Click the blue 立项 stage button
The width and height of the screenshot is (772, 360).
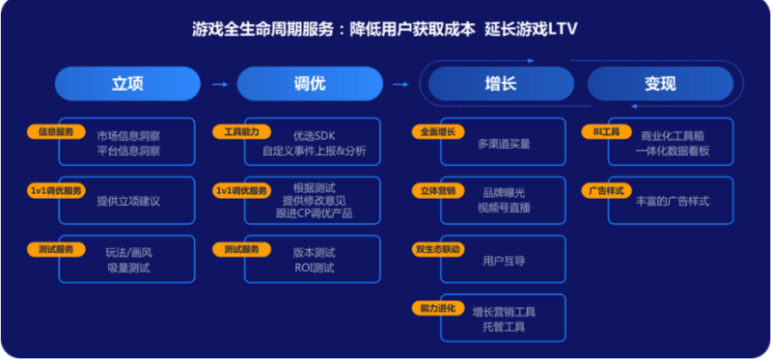127,84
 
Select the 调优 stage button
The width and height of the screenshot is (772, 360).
305,84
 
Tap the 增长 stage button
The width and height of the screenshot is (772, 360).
499,84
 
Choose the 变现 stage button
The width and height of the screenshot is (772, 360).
660,84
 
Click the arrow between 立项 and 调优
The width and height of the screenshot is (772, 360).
219,84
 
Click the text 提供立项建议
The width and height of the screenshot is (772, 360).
128,201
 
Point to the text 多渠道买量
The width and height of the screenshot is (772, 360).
504,144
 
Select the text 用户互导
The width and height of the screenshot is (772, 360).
504,261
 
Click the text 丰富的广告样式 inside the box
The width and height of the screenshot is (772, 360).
673,201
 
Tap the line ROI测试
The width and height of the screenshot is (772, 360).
314,267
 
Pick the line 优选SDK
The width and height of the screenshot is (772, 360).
313,136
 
